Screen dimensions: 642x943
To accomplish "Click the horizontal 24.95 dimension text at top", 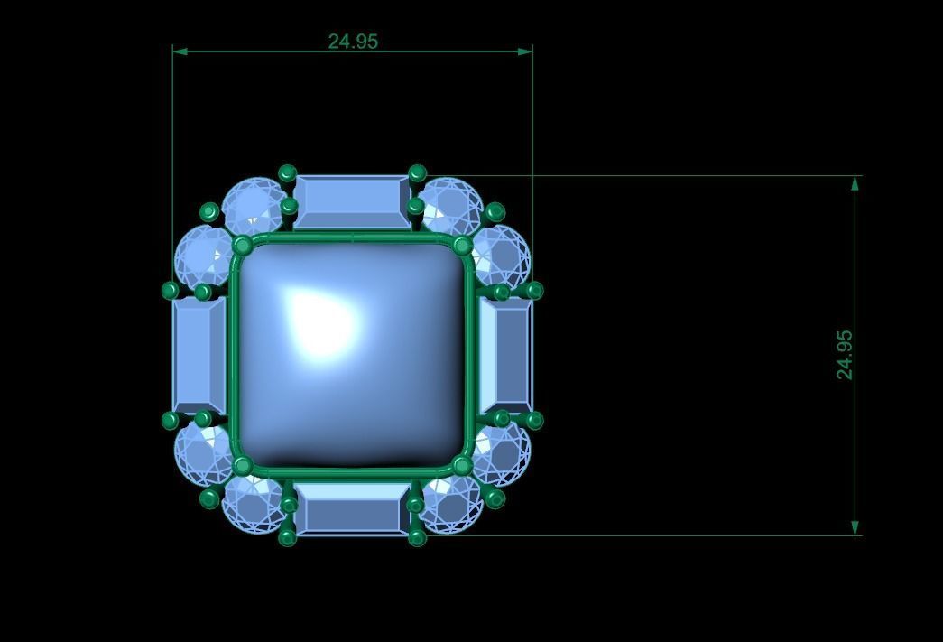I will pos(353,42).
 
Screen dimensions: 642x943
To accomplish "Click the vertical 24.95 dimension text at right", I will pos(845,354).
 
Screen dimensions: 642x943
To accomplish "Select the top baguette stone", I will pos(352,201).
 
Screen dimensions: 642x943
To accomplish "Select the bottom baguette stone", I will pos(352,508).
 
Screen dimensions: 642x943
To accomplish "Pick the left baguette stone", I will pos(199,355).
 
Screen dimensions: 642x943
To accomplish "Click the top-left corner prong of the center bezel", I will pos(242,246).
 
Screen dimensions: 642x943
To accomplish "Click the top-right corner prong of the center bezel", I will pos(462,246).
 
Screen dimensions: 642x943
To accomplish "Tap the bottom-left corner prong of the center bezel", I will pos(242,466).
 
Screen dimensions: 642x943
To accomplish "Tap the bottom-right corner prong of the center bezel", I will pos(462,466).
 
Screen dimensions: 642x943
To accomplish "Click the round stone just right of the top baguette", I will pos(449,206).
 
